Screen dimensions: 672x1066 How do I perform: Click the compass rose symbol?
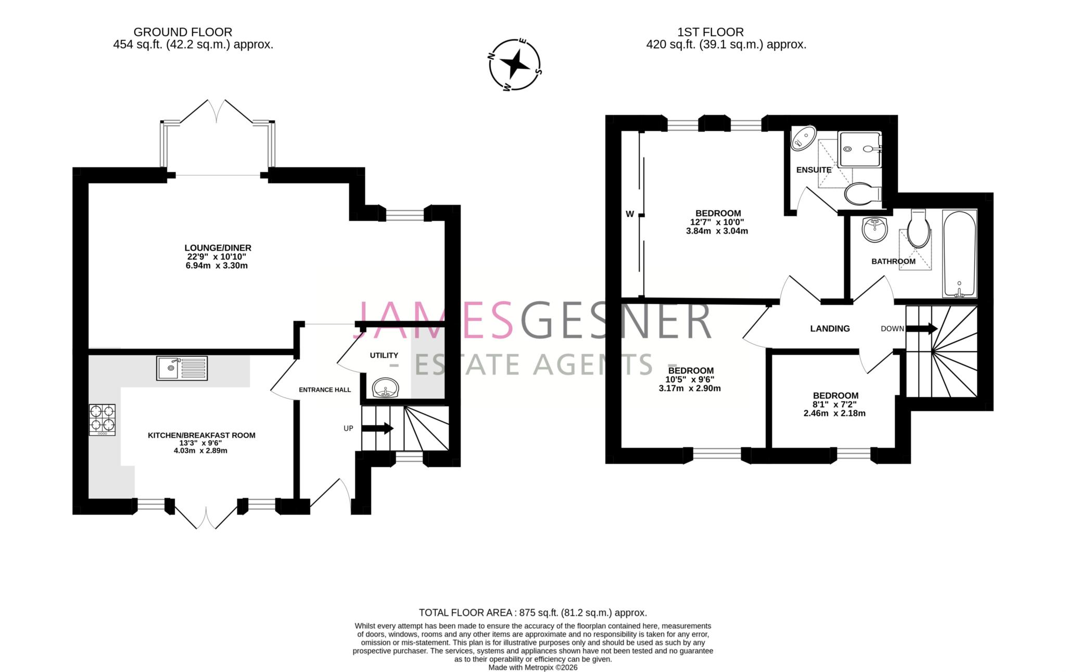click(x=515, y=65)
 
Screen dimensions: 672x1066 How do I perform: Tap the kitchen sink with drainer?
click(x=182, y=368)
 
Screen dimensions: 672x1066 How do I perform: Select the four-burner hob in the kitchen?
click(x=102, y=420)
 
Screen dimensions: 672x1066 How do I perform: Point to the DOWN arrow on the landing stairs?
click(x=921, y=328)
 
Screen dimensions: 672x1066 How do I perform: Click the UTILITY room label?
click(x=384, y=355)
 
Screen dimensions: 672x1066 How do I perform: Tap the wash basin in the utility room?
click(x=386, y=388)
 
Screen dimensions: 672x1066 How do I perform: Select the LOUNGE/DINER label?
click(x=218, y=248)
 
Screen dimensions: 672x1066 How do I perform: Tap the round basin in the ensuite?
click(x=803, y=138)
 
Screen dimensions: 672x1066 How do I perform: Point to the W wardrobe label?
click(x=630, y=214)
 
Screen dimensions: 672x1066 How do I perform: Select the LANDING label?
click(x=830, y=328)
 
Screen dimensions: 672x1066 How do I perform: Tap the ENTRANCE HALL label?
click(x=325, y=390)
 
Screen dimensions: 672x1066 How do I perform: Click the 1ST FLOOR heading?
click(x=710, y=32)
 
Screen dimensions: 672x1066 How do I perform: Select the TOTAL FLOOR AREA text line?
click(x=532, y=613)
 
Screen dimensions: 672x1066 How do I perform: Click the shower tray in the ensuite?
click(x=859, y=149)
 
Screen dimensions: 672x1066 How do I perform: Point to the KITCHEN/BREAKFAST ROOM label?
click(x=201, y=435)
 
